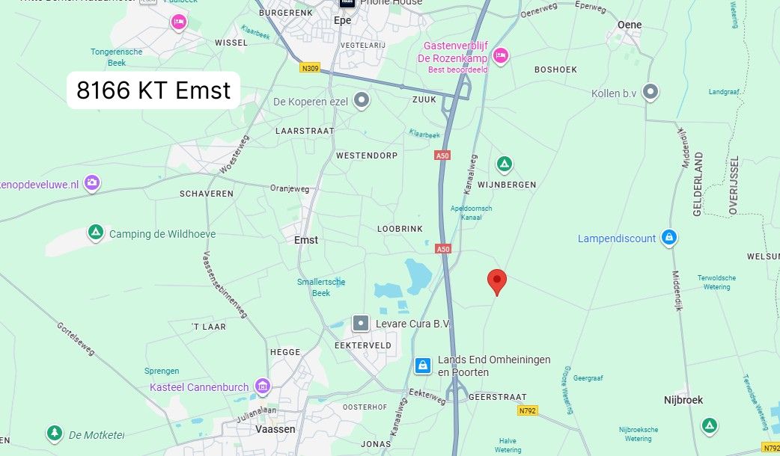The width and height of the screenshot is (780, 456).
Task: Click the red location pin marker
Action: [x=496, y=282]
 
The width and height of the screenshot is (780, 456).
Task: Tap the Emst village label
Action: [x=306, y=240]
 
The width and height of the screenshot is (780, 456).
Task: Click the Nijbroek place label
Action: [x=683, y=400]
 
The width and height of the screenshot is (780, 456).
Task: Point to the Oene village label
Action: [x=630, y=25]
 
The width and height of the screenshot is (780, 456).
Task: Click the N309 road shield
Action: [x=309, y=68]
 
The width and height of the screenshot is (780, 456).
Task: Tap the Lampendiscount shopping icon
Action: [x=669, y=238]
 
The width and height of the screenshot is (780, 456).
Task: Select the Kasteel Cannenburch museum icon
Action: [x=262, y=386]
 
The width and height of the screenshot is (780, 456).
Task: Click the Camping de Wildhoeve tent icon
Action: [x=95, y=233]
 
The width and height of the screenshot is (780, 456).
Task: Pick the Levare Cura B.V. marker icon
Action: [x=361, y=323]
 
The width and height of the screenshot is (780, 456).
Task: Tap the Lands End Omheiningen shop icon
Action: [x=423, y=365]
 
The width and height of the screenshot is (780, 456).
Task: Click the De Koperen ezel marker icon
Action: [x=362, y=100]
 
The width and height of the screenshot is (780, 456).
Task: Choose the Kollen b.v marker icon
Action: [x=651, y=92]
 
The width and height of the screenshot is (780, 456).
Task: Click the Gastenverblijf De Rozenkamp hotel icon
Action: [x=501, y=55]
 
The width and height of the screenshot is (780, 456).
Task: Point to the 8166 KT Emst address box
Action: [x=153, y=90]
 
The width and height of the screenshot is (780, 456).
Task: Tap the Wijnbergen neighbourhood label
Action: [x=507, y=184]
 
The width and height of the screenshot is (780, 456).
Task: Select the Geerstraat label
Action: [x=497, y=397]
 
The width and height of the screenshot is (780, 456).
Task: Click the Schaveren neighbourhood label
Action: [x=207, y=194]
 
